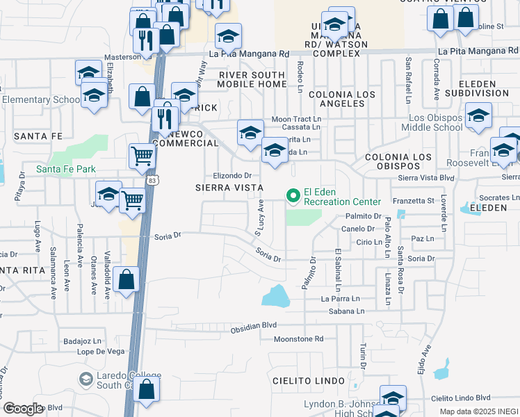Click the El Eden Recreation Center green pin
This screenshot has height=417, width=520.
pos(293,197)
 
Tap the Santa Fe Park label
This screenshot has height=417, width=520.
pos(66,169)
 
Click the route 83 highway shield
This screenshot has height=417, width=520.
pos(152,180)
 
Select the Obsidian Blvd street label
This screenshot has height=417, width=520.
pos(254,325)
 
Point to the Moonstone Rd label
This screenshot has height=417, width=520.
pos(299,339)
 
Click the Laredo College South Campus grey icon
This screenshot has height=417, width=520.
pos(86,379)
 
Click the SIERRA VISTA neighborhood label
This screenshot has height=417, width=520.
pos(229,188)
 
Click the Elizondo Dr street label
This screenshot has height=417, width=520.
pos(231,176)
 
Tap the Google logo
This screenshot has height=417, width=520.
pos(23,409)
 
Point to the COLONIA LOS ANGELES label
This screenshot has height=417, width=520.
pos(342,99)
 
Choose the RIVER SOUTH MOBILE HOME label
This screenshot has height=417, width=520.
pos(252,79)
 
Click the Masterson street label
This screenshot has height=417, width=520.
pos(122,57)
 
